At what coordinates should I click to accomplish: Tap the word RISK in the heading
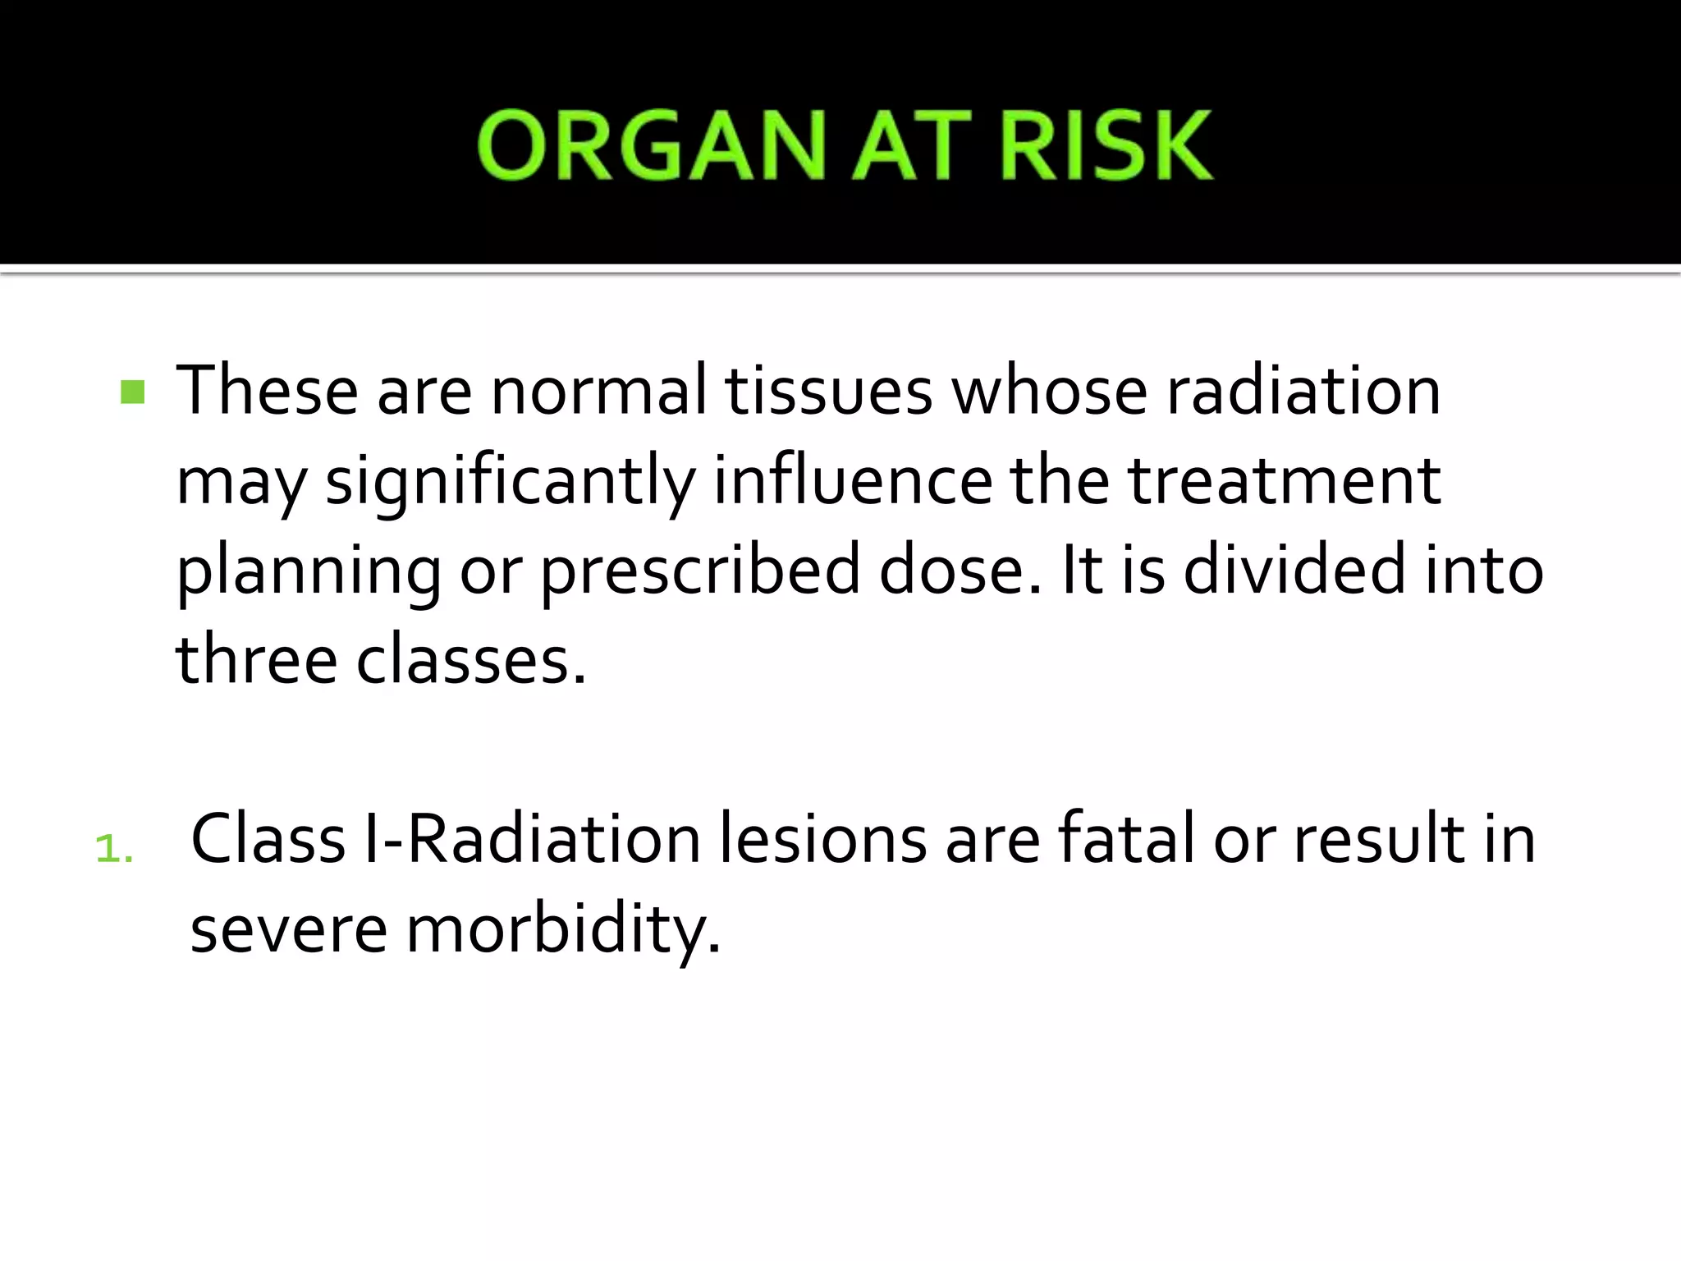click(1106, 146)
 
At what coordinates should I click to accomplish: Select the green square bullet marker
click(132, 392)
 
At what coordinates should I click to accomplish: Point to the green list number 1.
click(113, 849)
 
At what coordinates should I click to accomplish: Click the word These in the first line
click(267, 391)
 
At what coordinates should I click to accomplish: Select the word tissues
click(828, 391)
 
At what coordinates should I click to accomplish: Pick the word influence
click(853, 481)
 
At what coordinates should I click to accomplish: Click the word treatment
click(1284, 481)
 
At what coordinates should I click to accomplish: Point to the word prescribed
click(700, 571)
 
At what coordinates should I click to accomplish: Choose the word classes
click(471, 660)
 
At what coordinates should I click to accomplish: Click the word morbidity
click(563, 931)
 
